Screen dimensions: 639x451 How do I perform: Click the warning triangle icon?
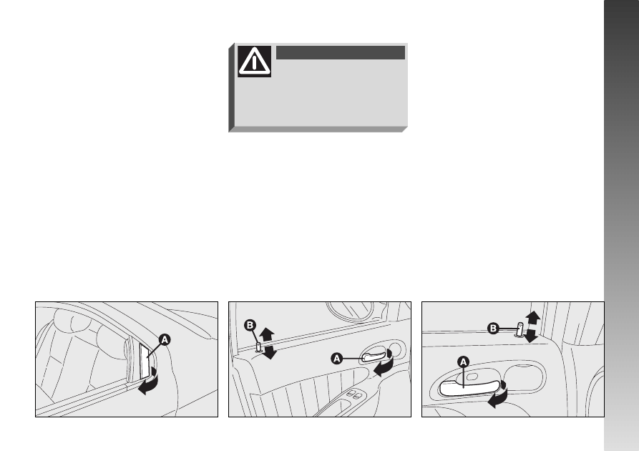point(254,61)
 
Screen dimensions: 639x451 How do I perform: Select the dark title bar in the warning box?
point(341,52)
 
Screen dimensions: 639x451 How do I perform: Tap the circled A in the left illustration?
point(165,339)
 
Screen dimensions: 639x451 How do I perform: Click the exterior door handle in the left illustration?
point(145,361)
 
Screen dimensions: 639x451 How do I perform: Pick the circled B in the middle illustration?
point(250,326)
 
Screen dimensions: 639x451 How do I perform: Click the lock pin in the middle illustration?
point(259,347)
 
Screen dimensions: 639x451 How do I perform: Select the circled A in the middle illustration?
point(336,359)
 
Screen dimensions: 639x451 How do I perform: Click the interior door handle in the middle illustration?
point(374,356)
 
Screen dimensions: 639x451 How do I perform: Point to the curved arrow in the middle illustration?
point(385,365)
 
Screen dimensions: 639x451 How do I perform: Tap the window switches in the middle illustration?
point(353,394)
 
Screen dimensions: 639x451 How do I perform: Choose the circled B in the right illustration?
point(493,329)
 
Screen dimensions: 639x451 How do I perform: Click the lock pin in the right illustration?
point(520,329)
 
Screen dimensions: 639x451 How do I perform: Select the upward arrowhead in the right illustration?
point(532,318)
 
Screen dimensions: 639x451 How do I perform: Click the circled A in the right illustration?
point(464,362)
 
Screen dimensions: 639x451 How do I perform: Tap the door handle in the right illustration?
point(469,388)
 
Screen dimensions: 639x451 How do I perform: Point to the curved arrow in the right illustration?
point(499,394)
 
